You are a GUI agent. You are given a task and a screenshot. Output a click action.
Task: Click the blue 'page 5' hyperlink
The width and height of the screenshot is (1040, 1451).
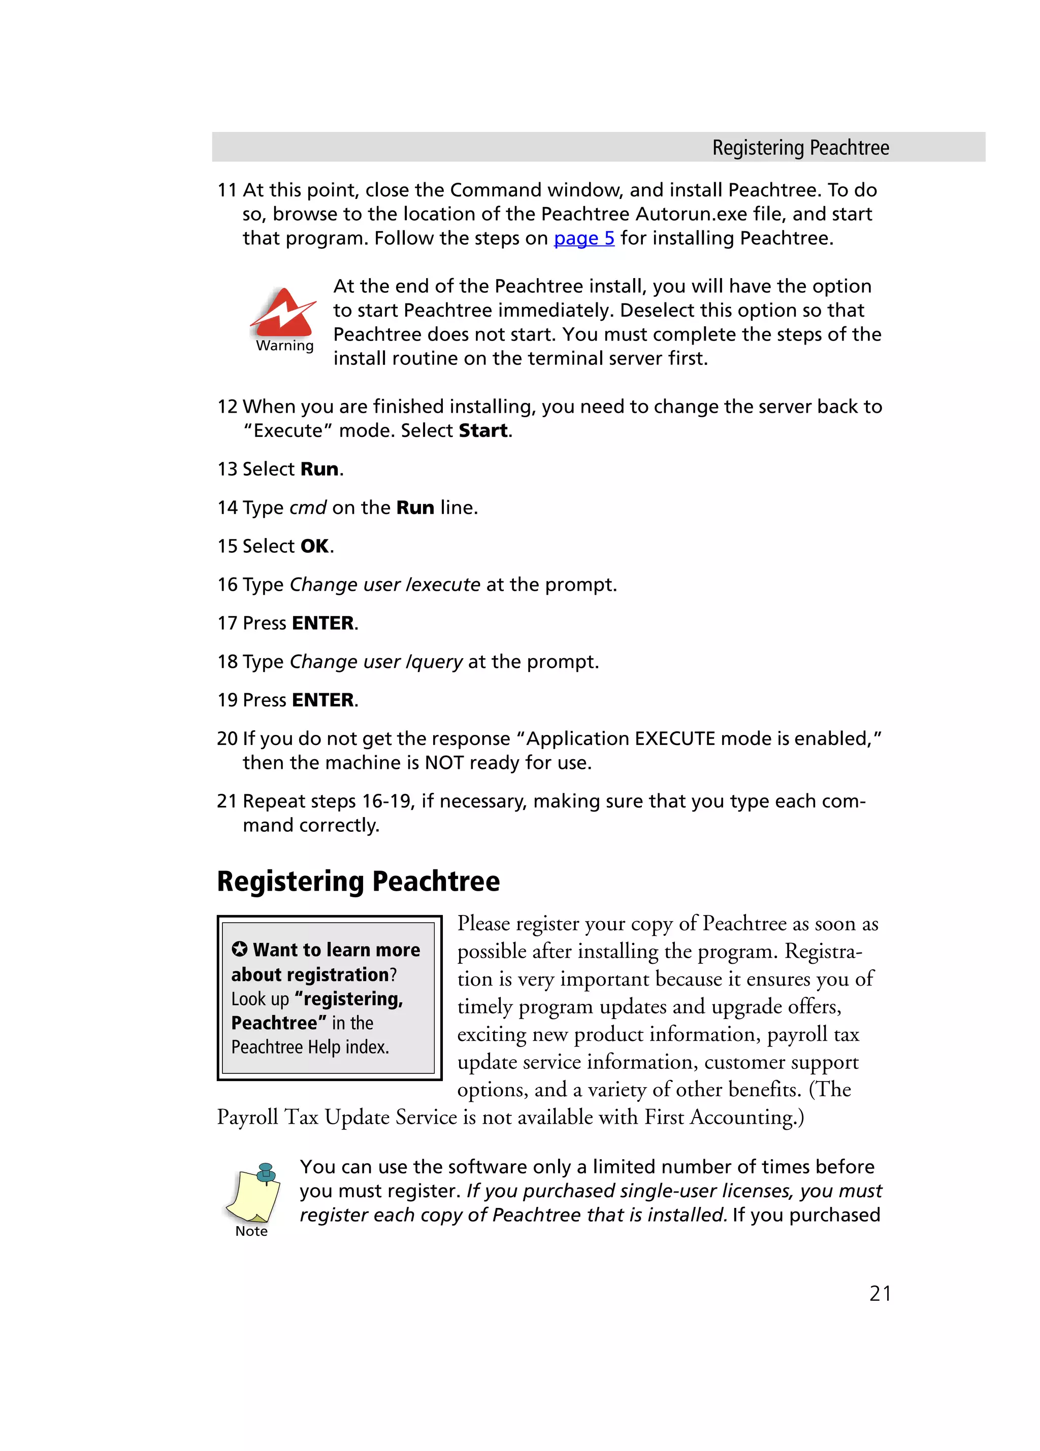tap(583, 238)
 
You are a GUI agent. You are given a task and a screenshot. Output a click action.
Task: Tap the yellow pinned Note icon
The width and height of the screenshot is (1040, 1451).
tap(253, 1193)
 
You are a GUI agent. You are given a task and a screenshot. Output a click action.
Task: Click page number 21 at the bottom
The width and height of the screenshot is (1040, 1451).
tap(880, 1293)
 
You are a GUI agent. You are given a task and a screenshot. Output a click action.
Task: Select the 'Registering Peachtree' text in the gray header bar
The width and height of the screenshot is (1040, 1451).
tap(800, 148)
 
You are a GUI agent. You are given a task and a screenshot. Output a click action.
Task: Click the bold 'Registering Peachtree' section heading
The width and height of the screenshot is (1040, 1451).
tap(358, 881)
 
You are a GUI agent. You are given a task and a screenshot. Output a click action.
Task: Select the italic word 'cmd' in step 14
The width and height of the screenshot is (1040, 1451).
tap(308, 508)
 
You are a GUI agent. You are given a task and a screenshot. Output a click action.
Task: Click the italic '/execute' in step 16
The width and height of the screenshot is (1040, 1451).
tap(443, 585)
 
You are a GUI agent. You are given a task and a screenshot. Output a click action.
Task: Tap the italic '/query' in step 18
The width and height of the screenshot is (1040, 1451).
tap(434, 661)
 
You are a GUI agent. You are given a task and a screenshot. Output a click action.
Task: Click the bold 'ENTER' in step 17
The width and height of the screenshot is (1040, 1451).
tap(322, 623)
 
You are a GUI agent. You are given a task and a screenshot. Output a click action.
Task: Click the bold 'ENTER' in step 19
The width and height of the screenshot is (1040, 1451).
tap(322, 700)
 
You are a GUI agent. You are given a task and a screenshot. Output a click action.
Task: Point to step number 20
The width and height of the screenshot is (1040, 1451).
tap(226, 738)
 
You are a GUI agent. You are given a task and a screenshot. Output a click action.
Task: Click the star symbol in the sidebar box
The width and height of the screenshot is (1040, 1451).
tap(239, 949)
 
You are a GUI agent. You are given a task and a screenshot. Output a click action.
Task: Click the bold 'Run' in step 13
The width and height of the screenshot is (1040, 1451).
tap(319, 469)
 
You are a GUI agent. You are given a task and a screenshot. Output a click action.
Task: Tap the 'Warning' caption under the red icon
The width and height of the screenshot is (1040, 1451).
tap(285, 346)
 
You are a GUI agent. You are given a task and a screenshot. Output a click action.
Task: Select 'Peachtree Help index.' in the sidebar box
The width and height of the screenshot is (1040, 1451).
tap(310, 1048)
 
